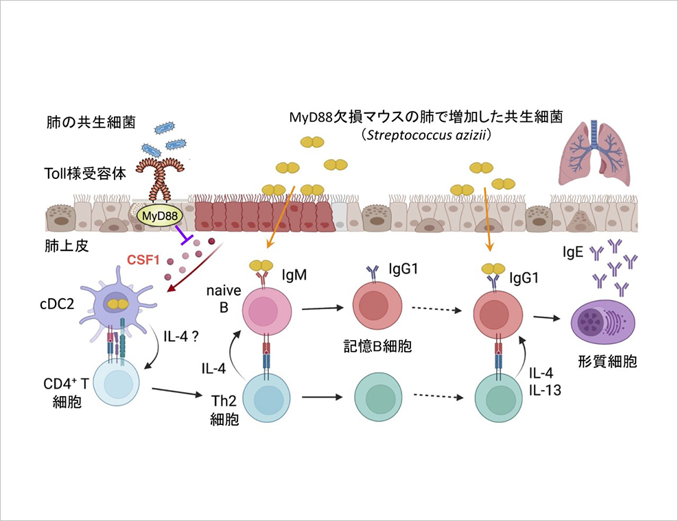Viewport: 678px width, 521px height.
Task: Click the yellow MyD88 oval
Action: click(160, 215)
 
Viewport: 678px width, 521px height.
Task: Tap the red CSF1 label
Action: click(143, 260)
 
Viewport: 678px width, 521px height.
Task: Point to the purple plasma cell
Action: click(604, 321)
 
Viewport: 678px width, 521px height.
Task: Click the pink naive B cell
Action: click(267, 311)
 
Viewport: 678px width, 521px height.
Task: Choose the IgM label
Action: click(294, 275)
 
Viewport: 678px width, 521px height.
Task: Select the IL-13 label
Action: click(546, 390)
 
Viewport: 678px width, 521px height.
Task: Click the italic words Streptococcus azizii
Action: click(428, 135)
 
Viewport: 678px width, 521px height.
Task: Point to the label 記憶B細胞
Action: click(377, 346)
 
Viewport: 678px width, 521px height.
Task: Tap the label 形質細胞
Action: click(607, 361)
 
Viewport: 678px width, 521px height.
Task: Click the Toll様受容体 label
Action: click(85, 173)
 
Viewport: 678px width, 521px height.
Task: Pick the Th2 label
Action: click(224, 401)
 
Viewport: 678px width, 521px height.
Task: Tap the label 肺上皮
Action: click(67, 246)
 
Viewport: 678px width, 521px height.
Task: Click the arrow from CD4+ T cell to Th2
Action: click(177, 392)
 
